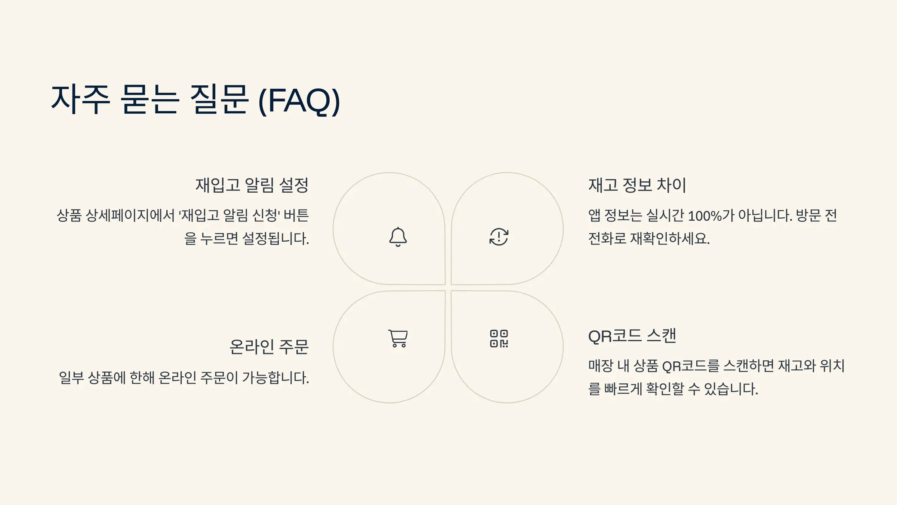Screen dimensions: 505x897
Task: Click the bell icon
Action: coord(398,237)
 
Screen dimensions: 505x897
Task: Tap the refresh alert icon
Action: coord(499,237)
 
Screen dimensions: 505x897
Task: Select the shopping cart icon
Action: coord(398,339)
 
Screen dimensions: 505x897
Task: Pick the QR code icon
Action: coord(499,339)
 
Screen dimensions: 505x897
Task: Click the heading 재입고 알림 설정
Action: coord(252,185)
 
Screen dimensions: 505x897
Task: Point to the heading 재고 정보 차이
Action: coord(637,185)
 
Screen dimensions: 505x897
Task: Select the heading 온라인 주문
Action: coord(269,347)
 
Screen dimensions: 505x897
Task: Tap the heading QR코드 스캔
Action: coord(632,336)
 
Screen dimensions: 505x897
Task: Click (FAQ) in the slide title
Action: coord(299,100)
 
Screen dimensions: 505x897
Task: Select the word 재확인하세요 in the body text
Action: coord(670,239)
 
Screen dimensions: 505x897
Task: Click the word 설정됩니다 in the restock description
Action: coord(275,239)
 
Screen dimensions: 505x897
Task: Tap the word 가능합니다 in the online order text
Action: coord(275,378)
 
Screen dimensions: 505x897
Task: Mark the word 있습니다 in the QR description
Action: coord(731,389)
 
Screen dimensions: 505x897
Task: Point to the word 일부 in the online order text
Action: coord(71,378)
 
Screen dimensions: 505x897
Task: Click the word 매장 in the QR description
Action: coord(601,366)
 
